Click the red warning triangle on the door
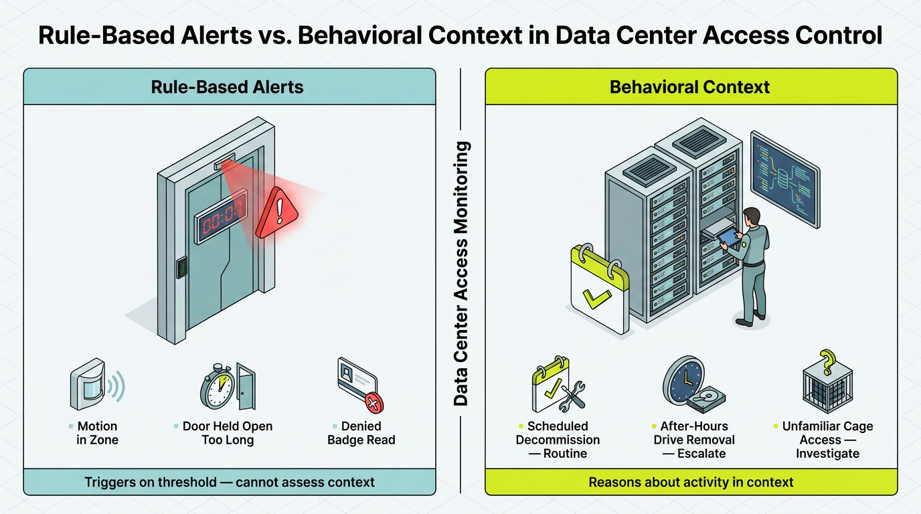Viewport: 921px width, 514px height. [x=277, y=213]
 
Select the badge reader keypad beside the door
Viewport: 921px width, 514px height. [x=181, y=267]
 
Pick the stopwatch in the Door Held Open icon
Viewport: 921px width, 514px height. [x=217, y=387]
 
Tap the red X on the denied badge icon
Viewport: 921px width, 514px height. [x=373, y=402]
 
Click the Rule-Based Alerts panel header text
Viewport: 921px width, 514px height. [x=227, y=87]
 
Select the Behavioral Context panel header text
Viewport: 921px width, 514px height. [x=689, y=87]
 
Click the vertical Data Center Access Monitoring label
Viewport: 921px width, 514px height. [x=461, y=274]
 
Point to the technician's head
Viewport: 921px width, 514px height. [x=752, y=216]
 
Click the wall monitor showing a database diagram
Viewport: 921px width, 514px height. [x=785, y=179]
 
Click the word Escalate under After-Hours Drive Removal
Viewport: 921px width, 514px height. [x=701, y=454]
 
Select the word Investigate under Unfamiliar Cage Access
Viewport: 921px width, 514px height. [x=828, y=454]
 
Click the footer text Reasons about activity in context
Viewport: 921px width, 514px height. [x=691, y=482]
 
